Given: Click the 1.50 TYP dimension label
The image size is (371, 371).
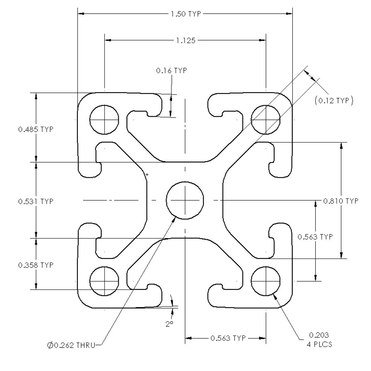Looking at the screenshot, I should click(186, 14).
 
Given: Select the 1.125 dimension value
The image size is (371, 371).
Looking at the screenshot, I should click(185, 41).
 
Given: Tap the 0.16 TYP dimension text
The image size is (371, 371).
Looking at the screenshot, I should click(171, 71).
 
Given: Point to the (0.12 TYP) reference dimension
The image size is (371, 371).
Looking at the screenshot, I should click(334, 101).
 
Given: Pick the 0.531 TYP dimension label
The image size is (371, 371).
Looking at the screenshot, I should click(36, 201).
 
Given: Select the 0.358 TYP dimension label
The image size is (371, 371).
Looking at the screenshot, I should click(36, 265).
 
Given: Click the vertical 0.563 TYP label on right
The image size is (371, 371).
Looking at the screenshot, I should click(315, 237).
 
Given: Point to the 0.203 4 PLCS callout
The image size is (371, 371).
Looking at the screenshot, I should click(319, 339).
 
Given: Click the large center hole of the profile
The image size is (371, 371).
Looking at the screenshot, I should click(185, 200).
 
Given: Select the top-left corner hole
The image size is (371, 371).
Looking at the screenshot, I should click(104, 120).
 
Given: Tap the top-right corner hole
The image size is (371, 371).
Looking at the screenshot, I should click(266, 120).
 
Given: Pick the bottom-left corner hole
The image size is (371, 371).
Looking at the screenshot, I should click(104, 281).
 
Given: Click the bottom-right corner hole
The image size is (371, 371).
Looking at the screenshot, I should click(266, 281).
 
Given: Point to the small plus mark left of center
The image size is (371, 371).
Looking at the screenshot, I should click(147, 175).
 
